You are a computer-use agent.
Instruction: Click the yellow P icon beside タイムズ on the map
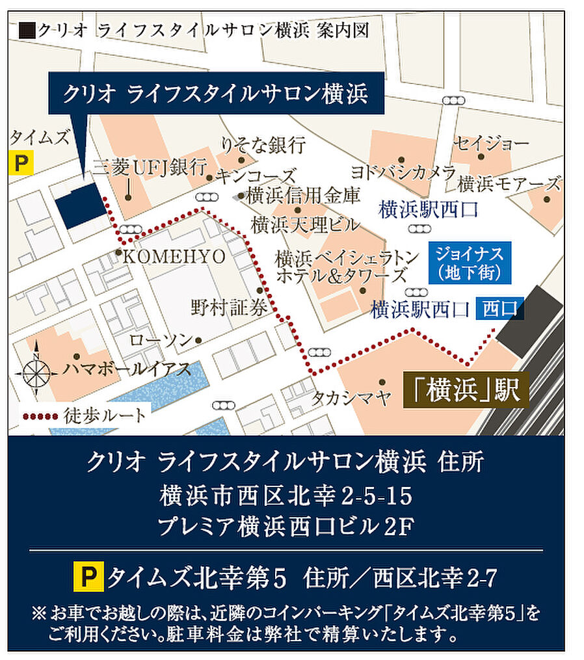[x=21, y=163]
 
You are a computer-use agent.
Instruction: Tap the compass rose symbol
[x=37, y=373]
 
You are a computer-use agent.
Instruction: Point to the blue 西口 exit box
[x=499, y=308]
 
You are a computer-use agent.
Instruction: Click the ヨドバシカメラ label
[x=403, y=172]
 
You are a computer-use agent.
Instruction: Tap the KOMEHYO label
[x=174, y=256]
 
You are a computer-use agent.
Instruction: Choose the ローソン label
[x=161, y=339]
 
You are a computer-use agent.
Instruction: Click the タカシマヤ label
[x=351, y=397]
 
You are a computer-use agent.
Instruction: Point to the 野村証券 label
[x=230, y=307]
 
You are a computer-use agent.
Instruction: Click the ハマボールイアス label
[x=127, y=370]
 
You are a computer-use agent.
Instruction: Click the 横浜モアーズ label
[x=509, y=184]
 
